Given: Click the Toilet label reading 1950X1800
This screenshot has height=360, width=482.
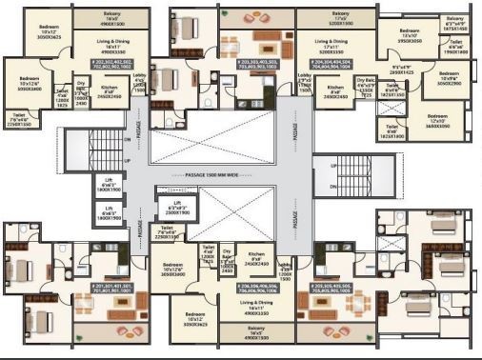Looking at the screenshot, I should (457, 47).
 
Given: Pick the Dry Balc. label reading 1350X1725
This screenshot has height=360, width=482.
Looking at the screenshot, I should (366, 86).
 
